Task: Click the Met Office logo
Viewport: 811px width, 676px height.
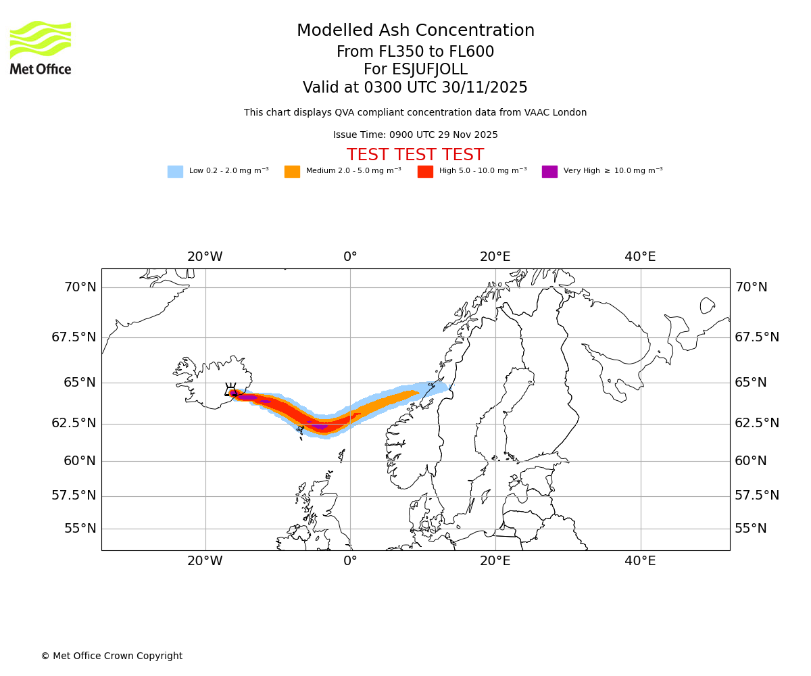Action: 41,47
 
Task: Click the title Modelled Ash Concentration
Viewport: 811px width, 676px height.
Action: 415,31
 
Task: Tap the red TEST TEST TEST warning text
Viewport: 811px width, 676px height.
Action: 415,155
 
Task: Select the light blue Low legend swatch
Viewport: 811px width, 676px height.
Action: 175,172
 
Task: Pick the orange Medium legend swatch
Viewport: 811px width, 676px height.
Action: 292,172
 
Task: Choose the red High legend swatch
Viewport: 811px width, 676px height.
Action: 425,172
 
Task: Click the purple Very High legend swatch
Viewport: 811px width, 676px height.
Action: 549,172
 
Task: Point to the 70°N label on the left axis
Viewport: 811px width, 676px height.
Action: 80,287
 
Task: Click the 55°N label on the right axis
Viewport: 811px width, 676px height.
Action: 751,529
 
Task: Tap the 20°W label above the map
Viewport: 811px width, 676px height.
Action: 205,257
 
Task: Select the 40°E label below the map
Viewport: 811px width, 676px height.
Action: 640,561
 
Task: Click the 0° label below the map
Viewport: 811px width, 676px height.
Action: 350,561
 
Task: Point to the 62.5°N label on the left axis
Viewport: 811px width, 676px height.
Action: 74,423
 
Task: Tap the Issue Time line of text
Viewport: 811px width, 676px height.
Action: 415,135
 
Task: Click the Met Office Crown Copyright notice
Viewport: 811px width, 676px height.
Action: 112,656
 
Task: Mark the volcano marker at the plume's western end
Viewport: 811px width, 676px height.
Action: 231,389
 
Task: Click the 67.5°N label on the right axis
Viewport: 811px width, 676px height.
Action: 757,337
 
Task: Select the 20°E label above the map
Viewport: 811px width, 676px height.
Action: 495,257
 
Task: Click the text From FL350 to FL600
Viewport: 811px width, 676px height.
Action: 415,52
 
